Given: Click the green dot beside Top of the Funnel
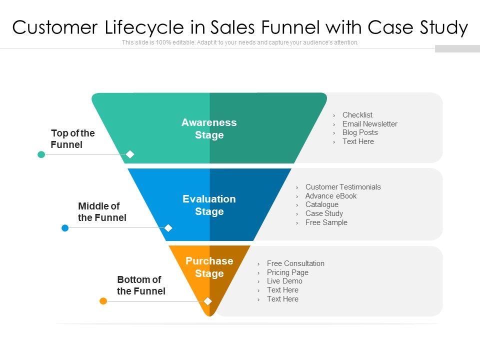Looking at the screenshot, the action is pyautogui.click(x=41, y=154).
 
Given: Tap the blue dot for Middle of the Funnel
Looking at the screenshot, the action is pyautogui.click(x=65, y=228).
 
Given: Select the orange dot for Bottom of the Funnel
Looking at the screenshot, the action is pyautogui.click(x=103, y=301).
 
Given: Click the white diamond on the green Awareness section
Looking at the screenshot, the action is pyautogui.click(x=130, y=154).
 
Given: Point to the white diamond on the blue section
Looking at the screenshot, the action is pyautogui.click(x=168, y=228).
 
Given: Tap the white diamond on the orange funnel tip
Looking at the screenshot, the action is pyautogui.click(x=208, y=301).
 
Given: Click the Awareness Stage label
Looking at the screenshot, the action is pyautogui.click(x=209, y=128).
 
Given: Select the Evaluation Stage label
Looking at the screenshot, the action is pyautogui.click(x=209, y=205).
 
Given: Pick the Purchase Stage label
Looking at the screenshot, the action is pyautogui.click(x=209, y=267).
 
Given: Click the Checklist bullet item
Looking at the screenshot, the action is pyautogui.click(x=357, y=115).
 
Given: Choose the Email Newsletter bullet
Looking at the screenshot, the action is pyautogui.click(x=370, y=124).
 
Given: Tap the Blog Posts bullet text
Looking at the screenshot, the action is pyautogui.click(x=360, y=132).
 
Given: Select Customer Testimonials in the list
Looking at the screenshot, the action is pyautogui.click(x=343, y=187).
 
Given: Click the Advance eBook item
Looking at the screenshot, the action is pyautogui.click(x=331, y=196).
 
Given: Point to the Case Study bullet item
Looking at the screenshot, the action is pyautogui.click(x=324, y=213).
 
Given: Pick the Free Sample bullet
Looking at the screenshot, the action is pyautogui.click(x=326, y=222).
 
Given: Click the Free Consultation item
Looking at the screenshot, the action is pyautogui.click(x=295, y=263).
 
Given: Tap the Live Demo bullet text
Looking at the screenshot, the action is pyautogui.click(x=284, y=281).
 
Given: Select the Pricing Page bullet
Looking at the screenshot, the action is pyautogui.click(x=287, y=272).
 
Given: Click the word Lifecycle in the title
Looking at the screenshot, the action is pyautogui.click(x=144, y=27).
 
